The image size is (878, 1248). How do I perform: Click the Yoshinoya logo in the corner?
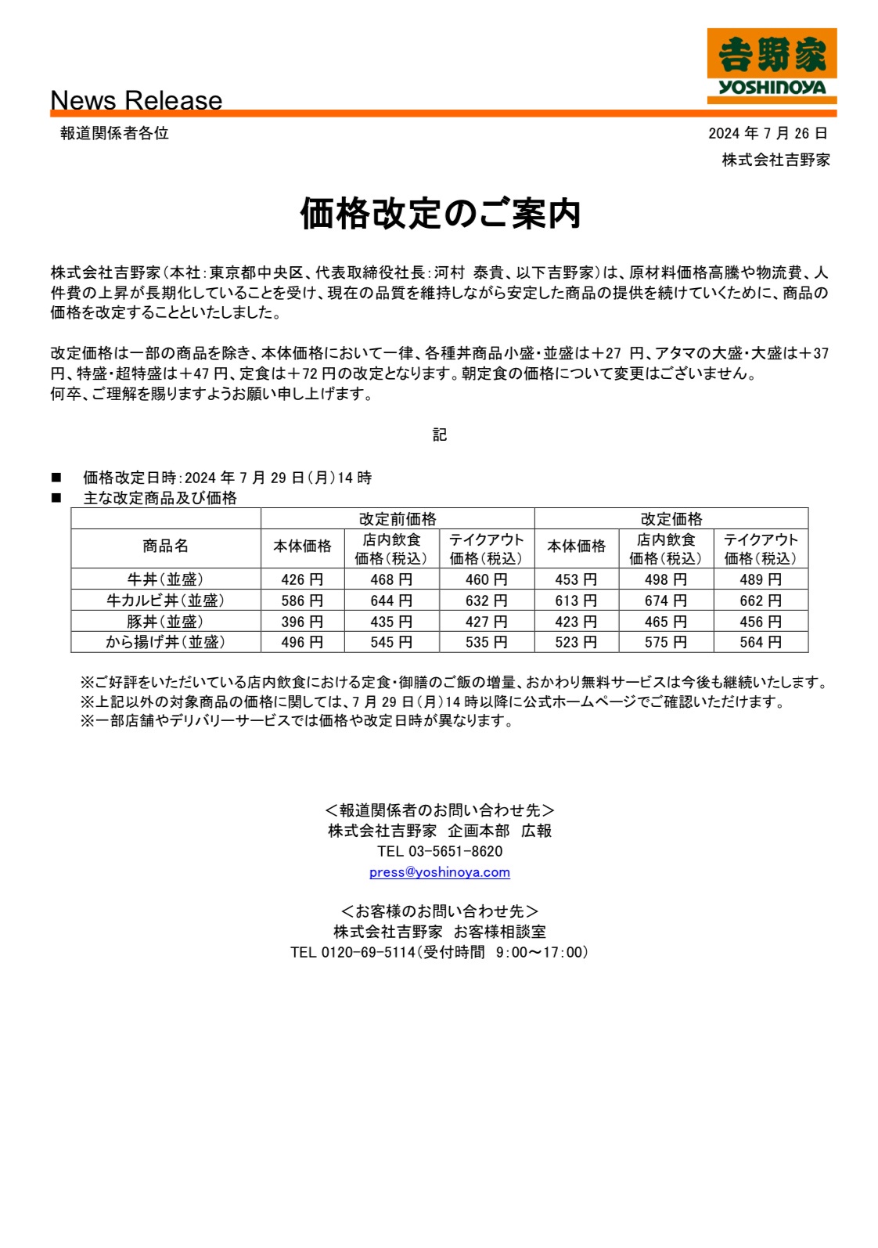(x=772, y=66)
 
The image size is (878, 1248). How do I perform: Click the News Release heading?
(x=136, y=100)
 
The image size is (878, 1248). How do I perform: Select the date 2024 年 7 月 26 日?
(x=767, y=134)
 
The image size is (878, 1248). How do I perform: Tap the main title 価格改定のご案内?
(x=440, y=214)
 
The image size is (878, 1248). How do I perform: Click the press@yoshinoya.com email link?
(x=439, y=872)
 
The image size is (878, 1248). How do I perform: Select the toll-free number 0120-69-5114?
(x=368, y=953)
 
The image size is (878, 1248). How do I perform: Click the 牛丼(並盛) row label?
(x=165, y=579)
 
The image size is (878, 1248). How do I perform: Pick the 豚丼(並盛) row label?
(x=165, y=622)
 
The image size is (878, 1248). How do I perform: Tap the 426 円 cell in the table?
(x=302, y=579)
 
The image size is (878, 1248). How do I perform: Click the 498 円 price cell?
(x=666, y=579)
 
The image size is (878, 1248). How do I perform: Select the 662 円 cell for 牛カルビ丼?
(x=761, y=601)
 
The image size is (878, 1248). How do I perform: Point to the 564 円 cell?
(x=761, y=643)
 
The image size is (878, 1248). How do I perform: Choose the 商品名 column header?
(x=165, y=546)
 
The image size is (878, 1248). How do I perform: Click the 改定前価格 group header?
(x=398, y=519)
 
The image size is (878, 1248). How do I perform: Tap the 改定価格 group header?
(x=671, y=519)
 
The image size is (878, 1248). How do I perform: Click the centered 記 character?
(x=440, y=435)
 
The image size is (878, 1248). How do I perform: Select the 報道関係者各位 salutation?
(x=114, y=134)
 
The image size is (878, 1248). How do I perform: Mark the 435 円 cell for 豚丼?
(x=391, y=622)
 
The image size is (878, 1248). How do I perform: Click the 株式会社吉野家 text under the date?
(x=775, y=161)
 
